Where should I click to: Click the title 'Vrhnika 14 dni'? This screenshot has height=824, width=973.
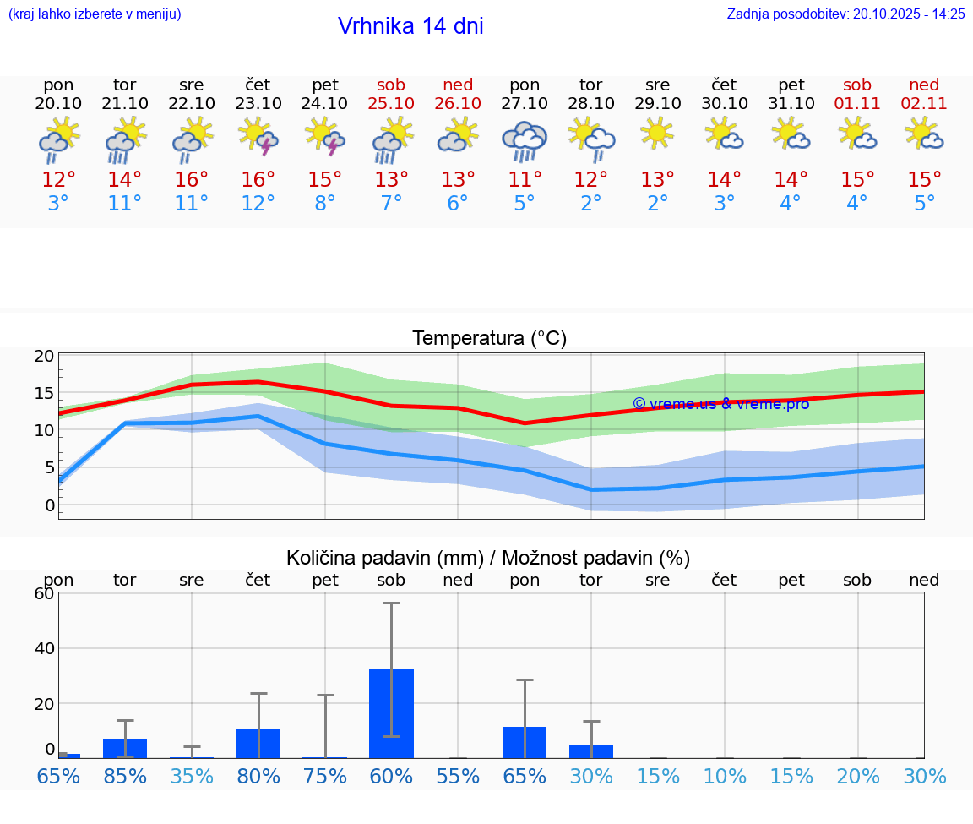pos(410,26)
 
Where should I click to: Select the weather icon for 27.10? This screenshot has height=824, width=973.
pos(525,141)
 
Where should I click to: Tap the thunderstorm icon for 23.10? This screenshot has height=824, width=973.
pos(258,136)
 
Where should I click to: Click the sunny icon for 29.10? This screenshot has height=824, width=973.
pos(657,134)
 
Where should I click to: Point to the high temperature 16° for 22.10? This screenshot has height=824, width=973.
pos(192,180)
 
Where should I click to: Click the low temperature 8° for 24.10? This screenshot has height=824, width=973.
pos(325,204)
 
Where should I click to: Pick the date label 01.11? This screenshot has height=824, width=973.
pos(857,104)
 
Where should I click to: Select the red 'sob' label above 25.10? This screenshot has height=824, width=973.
pos(391,85)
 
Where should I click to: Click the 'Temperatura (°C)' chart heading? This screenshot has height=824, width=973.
pos(490,339)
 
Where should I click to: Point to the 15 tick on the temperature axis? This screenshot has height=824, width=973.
pos(45,393)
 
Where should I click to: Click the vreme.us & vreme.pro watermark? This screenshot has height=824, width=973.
pos(721,404)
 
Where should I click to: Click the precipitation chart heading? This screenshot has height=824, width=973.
pos(488,558)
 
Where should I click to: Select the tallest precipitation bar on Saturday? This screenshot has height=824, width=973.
pos(391,714)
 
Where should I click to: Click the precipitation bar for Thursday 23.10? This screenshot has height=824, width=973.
pos(258,743)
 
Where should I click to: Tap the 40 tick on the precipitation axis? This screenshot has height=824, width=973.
pos(44,648)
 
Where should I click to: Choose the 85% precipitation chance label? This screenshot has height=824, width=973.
pos(125,776)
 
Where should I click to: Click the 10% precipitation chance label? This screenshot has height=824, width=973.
pos(725,776)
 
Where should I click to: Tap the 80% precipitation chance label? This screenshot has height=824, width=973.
pos(258,776)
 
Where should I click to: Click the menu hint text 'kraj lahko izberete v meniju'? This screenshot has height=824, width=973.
pos(95,14)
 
